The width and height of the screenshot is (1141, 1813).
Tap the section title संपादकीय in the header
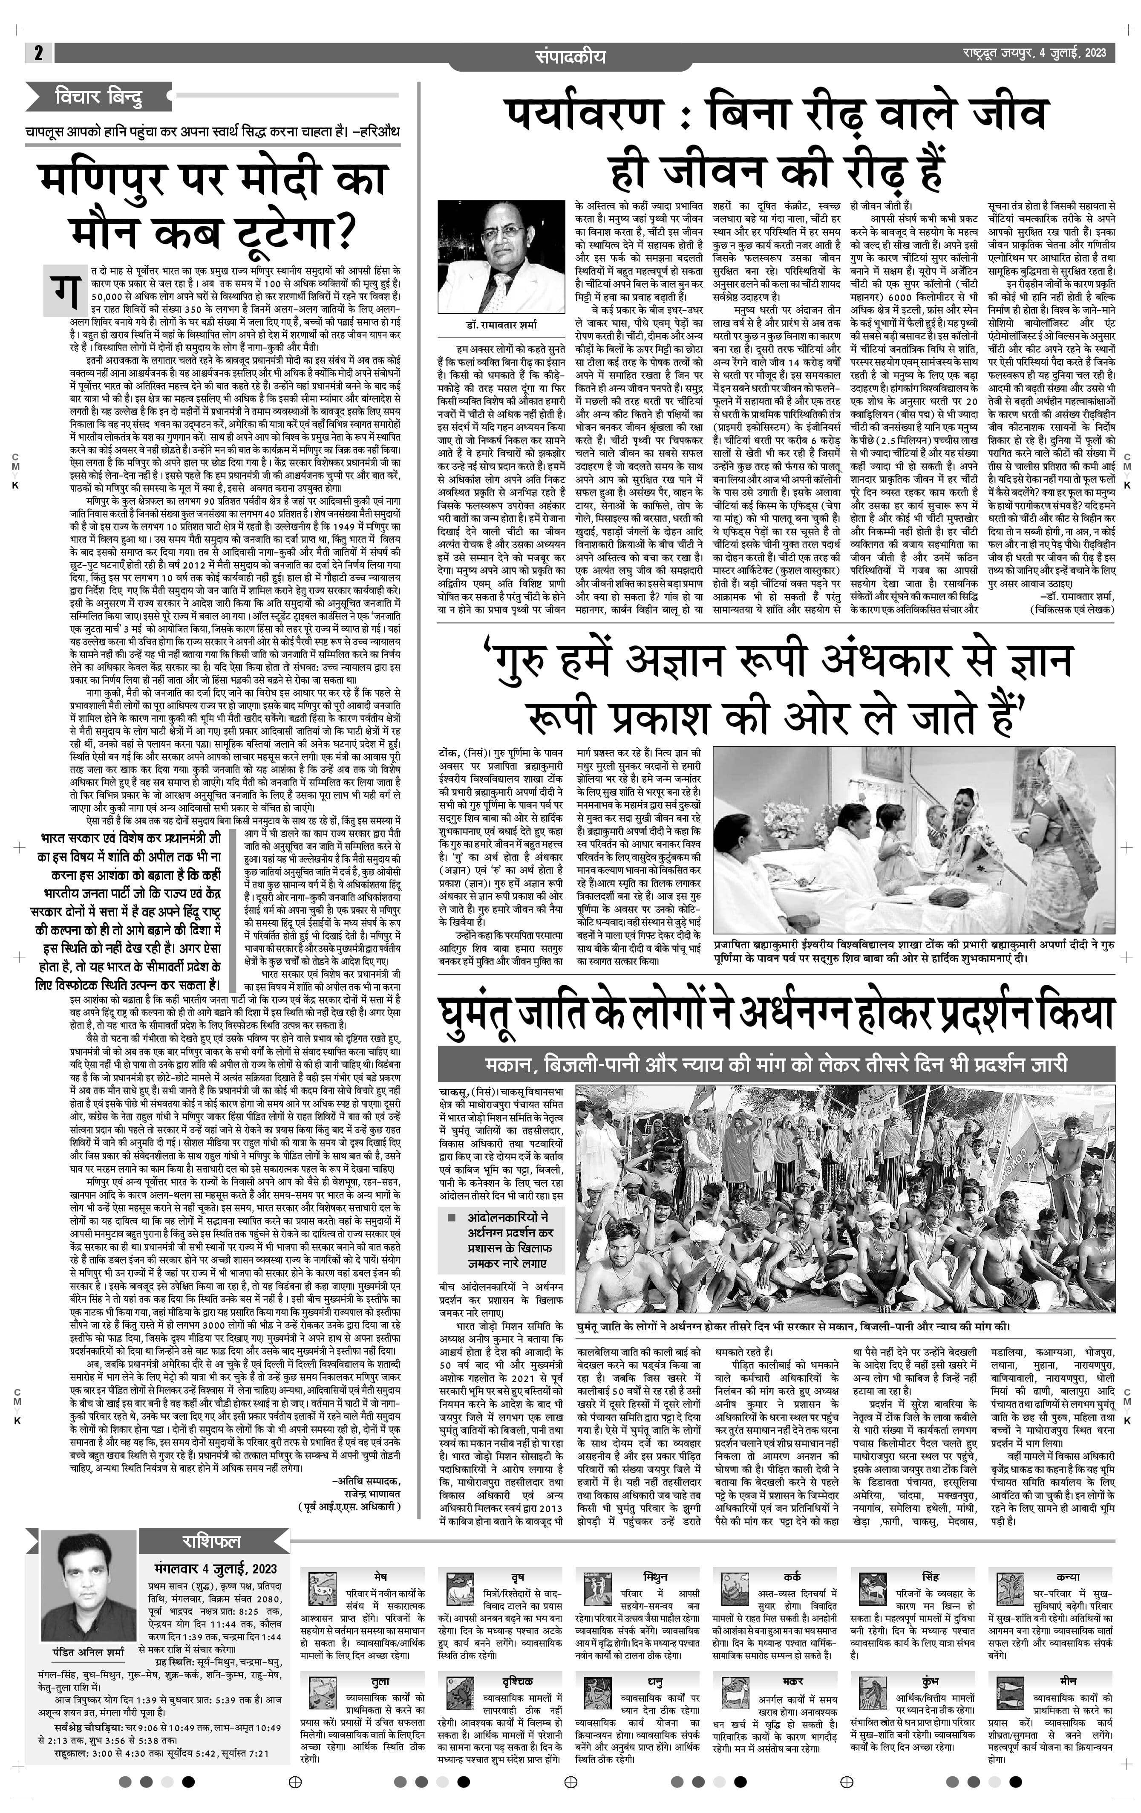[570, 56]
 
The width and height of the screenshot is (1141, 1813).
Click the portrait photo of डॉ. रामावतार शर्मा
[501, 257]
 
